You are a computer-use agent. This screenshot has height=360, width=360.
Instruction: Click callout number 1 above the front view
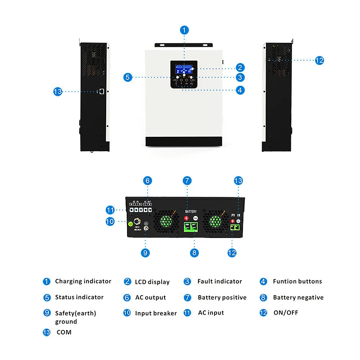[184, 30]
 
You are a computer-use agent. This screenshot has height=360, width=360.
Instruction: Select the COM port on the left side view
[102, 91]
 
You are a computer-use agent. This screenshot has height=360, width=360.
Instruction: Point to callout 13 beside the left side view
[58, 91]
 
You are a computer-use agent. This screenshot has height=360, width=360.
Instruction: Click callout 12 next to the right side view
[319, 60]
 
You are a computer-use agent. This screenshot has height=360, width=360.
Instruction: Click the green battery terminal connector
[191, 227]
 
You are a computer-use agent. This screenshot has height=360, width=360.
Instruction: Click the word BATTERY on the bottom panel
[191, 211]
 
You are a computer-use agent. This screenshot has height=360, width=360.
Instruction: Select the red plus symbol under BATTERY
[186, 218]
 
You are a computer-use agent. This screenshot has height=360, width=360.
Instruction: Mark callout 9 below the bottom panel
[145, 253]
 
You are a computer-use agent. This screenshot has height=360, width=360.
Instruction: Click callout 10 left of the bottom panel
[110, 221]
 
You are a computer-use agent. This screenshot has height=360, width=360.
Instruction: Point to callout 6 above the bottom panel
[148, 181]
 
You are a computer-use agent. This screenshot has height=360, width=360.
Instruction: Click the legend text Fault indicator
[220, 282]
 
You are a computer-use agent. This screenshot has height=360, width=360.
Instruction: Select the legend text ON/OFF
[286, 312]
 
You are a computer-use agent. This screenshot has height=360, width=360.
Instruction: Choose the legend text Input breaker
[156, 313]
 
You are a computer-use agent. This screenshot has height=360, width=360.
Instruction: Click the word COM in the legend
[64, 332]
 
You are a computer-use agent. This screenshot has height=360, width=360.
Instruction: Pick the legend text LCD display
[152, 282]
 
